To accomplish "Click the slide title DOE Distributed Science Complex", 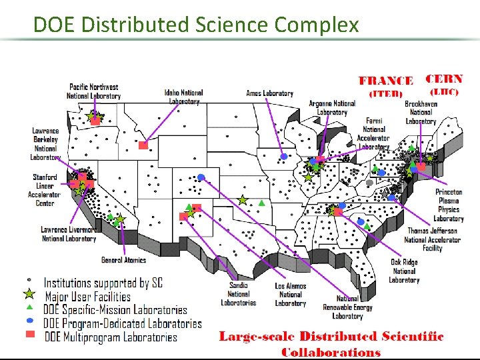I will click(196, 25).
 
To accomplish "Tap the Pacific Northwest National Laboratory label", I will click(93, 91).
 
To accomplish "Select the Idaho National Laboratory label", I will click(183, 97).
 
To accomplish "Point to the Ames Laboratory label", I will click(269, 93).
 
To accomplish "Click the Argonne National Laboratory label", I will click(332, 108).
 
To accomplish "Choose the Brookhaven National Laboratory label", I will click(421, 113).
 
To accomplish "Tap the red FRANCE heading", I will click(386, 81).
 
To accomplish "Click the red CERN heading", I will click(444, 79).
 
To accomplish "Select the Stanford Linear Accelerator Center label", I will click(45, 190).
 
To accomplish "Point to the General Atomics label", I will click(123, 260).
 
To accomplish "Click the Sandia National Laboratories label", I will click(238, 294).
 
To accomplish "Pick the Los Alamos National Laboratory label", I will click(290, 295).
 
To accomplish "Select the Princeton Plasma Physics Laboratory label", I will click(449, 205).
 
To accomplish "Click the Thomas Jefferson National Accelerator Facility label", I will click(433, 239).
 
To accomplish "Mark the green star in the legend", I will click(29, 294).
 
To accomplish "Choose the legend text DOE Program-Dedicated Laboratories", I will click(123, 323).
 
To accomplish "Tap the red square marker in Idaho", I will click(143, 145).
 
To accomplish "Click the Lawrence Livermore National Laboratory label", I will click(69, 234).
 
